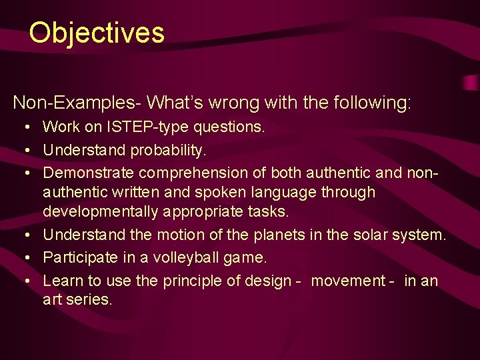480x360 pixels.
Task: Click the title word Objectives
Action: [97, 33]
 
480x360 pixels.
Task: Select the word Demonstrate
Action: [88, 173]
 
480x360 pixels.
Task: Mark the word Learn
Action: [62, 281]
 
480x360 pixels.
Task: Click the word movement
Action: [348, 281]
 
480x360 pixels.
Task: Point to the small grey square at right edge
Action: [473, 83]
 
